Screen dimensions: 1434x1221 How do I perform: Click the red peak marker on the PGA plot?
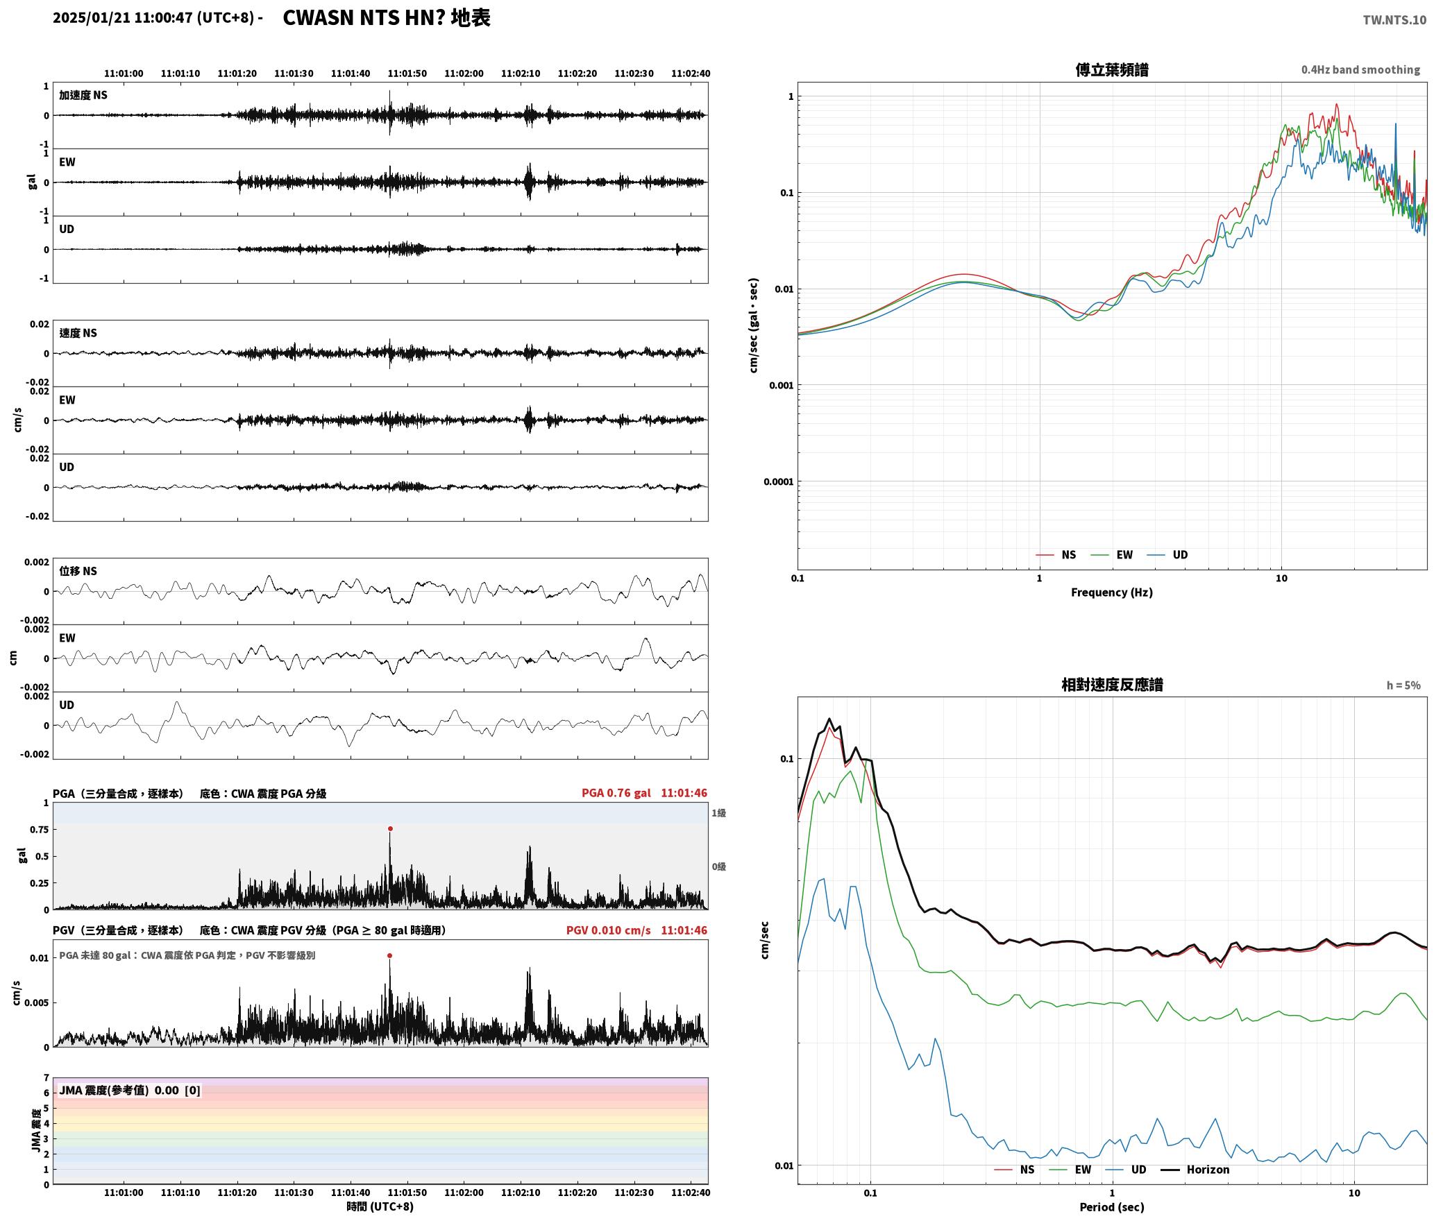[x=390, y=828]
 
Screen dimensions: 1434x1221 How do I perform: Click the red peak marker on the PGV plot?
[x=389, y=955]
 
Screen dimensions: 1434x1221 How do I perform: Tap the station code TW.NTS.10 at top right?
[x=1394, y=20]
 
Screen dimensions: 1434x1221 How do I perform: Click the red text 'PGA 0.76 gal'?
[x=616, y=793]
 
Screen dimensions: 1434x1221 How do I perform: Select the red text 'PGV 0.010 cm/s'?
[x=609, y=930]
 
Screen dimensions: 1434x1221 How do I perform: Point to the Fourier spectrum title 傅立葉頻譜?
[x=1111, y=69]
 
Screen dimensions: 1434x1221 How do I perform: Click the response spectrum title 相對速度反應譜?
[x=1112, y=685]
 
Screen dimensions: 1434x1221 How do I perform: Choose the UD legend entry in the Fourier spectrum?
[x=1167, y=554]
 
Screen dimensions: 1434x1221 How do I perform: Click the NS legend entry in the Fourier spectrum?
[x=1056, y=554]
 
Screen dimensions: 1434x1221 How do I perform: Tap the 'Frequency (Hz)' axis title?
[x=1111, y=592]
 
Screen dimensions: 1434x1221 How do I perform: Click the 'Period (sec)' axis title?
[x=1111, y=1207]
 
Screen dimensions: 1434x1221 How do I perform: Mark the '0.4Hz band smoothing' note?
[x=1360, y=69]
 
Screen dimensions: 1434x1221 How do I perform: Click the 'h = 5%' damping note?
[x=1403, y=685]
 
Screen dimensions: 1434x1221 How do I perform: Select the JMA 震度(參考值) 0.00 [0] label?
[x=130, y=1090]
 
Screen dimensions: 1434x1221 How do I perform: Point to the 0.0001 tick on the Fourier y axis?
[x=777, y=481]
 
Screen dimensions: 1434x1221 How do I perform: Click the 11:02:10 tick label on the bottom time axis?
[x=521, y=1193]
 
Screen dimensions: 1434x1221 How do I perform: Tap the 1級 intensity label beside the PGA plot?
[x=718, y=813]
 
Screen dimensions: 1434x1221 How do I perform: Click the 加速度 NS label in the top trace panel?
[x=83, y=95]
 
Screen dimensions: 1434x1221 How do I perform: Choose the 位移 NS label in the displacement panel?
[x=78, y=571]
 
